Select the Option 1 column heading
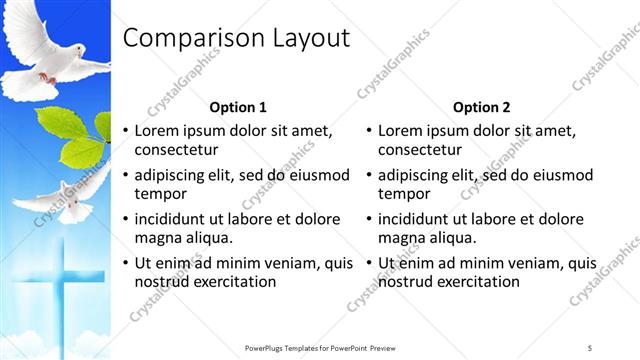point(238,107)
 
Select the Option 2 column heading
point(481,107)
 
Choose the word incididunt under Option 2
point(415,219)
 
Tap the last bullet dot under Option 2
point(369,264)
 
